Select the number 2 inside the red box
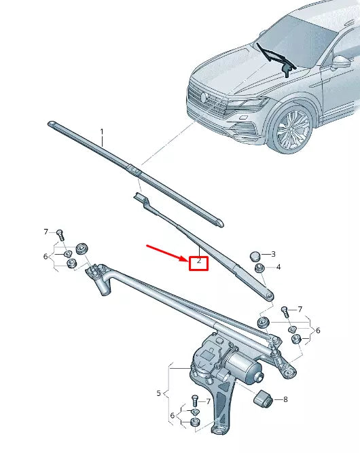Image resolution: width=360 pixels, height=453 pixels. tap(198, 261)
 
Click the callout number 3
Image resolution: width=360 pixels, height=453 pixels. tap(273, 254)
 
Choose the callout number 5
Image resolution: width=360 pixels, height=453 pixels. tap(159, 393)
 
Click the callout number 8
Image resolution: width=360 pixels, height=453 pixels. tap(285, 399)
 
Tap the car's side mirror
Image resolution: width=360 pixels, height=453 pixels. tap(338, 62)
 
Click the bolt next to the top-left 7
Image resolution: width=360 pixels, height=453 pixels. tap(60, 235)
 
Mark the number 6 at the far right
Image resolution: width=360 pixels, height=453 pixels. tap(317, 330)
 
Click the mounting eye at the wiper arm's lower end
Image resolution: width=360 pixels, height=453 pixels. tap(270, 295)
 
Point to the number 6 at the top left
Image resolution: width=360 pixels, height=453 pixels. tap(46, 256)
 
